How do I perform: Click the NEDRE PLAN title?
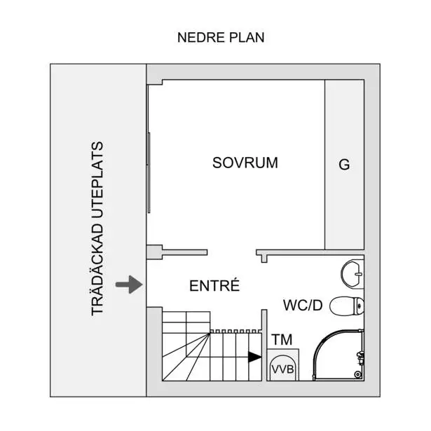pos(221,37)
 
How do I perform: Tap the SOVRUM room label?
pos(245,163)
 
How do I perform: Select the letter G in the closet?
pos(344,165)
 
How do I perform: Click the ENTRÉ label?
pos(214,285)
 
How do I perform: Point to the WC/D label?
pos(303,305)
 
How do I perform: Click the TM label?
pos(282,339)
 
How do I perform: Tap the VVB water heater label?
pos(282,369)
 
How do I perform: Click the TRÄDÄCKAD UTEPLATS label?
pos(97,228)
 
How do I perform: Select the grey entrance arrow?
pos(129,285)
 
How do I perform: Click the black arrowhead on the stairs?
pos(255,357)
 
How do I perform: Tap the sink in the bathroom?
pos(353,274)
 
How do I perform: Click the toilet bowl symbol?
pos(347,306)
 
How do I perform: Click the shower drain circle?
pos(357,374)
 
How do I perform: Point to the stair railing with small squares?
pos(235,331)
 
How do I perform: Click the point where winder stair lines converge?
pos(210,334)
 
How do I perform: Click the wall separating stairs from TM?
pos(264,346)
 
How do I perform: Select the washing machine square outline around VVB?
pos(283,364)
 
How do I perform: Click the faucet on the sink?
pos(359,274)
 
